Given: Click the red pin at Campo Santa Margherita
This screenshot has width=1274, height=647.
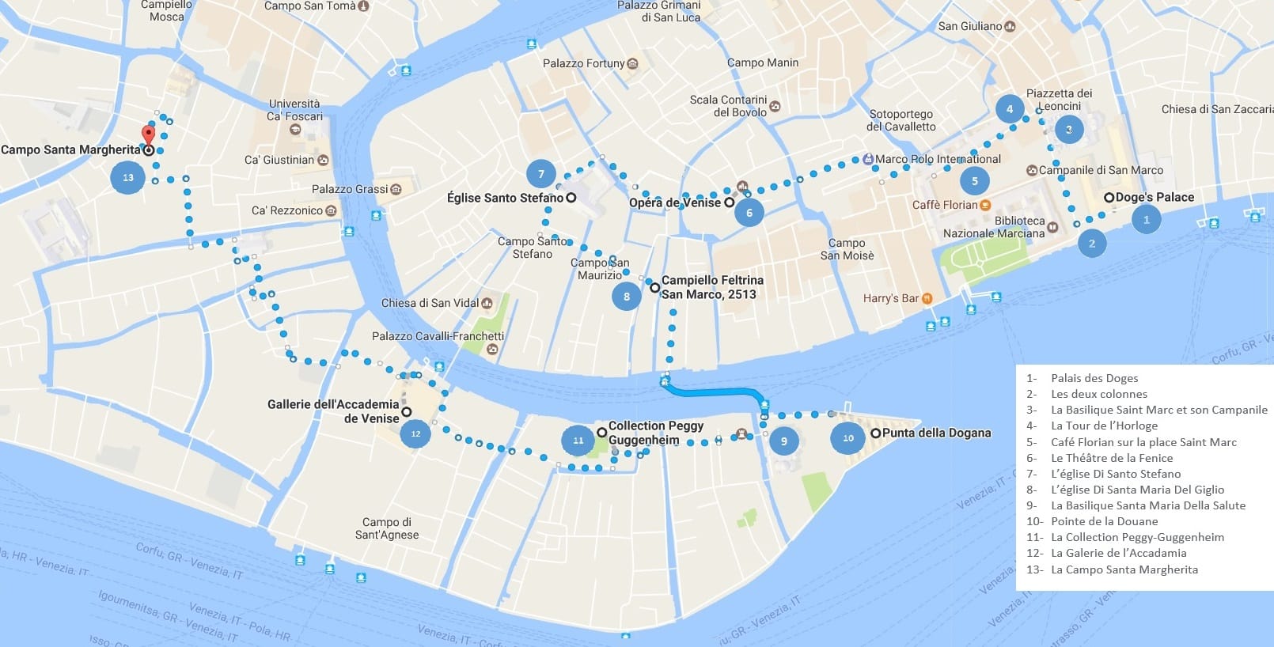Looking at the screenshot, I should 147,134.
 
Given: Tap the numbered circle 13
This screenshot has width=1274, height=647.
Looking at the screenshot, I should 128,177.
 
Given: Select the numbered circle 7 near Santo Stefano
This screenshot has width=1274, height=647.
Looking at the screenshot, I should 541,174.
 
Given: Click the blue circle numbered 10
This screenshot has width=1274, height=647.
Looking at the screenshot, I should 848,437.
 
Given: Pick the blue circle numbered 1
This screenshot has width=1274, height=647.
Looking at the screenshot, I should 1146,219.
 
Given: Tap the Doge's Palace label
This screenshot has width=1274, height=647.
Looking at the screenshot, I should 1154,197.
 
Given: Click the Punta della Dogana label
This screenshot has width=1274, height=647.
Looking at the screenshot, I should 936,433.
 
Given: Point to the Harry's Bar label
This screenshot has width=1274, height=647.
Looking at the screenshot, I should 891,298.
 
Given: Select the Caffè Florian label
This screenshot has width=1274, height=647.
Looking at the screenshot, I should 945,205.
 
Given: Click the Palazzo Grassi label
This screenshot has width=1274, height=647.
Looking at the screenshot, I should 350,189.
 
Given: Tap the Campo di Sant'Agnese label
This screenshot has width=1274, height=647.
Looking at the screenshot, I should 387,528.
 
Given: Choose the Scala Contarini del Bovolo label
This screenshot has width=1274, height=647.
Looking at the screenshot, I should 728,106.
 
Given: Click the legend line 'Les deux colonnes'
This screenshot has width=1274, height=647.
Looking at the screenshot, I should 1098,394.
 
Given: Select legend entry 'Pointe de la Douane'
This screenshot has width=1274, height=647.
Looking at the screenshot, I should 1103,521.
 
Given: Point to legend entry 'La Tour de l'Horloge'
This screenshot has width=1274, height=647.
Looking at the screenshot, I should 1103,426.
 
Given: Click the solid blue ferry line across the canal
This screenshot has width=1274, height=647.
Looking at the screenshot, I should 712,391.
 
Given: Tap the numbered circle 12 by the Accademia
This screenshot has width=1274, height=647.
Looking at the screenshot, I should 415,433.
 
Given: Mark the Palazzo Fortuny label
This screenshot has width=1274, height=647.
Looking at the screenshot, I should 584,63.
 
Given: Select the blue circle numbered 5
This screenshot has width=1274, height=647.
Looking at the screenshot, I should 974,181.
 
